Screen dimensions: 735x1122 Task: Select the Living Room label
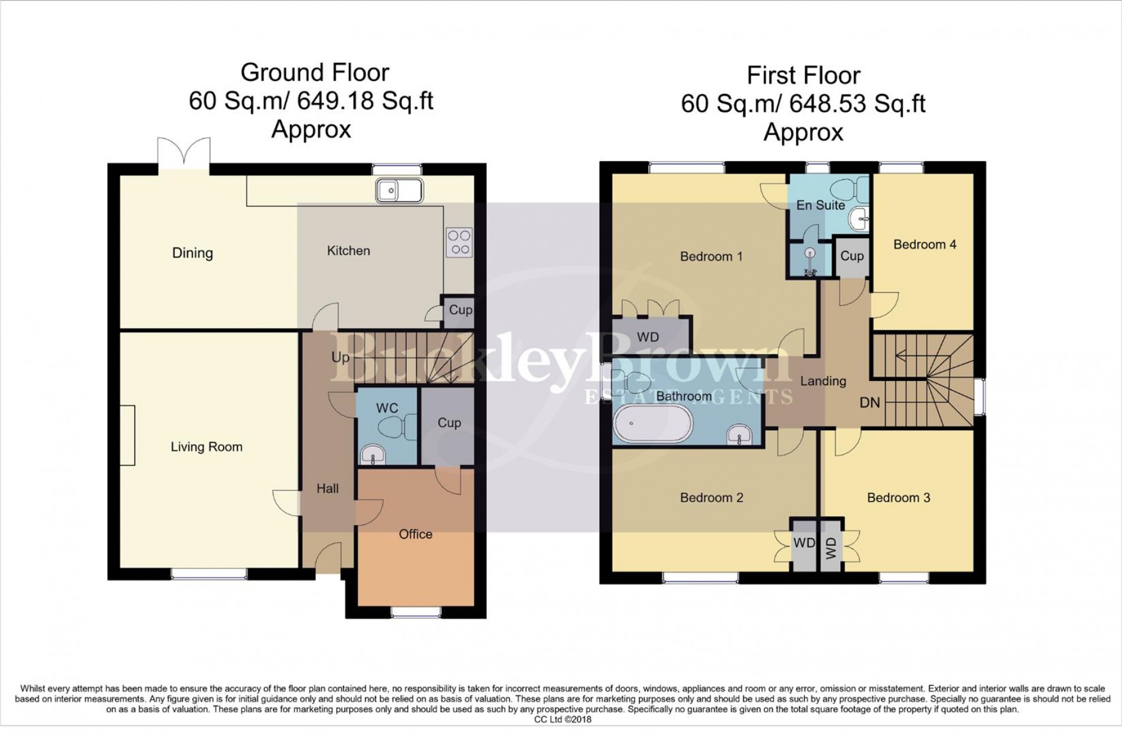(206, 447)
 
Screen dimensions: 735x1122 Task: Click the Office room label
(415, 534)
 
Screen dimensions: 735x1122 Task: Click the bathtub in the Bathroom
(653, 424)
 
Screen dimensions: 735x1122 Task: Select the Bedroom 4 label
(924, 245)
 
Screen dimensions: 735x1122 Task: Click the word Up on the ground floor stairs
(340, 357)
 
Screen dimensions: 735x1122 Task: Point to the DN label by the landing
(869, 403)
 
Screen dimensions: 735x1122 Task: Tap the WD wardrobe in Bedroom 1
(648, 337)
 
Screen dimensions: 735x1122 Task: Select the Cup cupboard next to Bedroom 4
(852, 256)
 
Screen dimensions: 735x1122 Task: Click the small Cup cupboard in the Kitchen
(460, 310)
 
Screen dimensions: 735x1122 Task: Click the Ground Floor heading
(315, 73)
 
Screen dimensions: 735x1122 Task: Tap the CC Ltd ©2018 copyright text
(562, 719)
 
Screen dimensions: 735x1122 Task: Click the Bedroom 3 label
(898, 498)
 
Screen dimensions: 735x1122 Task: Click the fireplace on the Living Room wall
(127, 435)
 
